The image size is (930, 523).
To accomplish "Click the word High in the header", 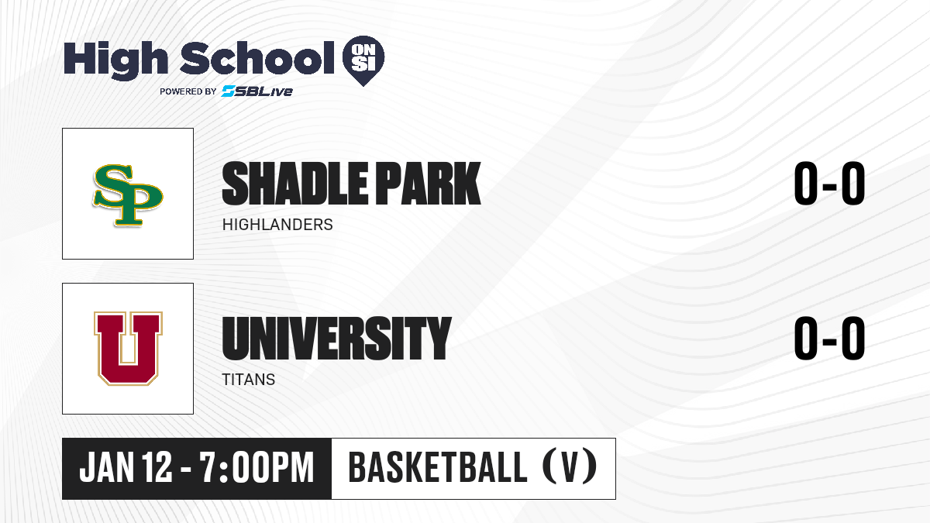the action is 115,60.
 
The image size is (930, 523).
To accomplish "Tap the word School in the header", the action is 257,58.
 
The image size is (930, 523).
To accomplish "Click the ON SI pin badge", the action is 363,60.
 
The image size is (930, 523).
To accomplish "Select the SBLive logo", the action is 257,91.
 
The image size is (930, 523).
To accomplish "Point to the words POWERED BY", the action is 188,91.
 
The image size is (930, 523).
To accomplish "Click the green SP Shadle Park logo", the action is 127,195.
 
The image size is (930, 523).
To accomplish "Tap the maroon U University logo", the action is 128,348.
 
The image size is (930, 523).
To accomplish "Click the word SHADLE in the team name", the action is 295,184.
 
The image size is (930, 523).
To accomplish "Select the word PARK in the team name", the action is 429,184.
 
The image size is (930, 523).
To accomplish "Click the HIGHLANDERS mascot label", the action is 277,225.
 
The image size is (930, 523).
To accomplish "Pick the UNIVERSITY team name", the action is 336,339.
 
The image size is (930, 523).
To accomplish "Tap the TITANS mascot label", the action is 248,380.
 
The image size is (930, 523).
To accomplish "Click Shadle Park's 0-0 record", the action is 829,184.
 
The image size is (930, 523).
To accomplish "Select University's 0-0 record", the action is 829,339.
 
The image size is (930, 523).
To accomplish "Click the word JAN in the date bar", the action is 107,467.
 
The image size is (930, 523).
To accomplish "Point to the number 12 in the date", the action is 157,467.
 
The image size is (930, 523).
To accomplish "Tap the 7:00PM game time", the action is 257,467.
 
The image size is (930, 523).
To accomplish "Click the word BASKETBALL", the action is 438,467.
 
